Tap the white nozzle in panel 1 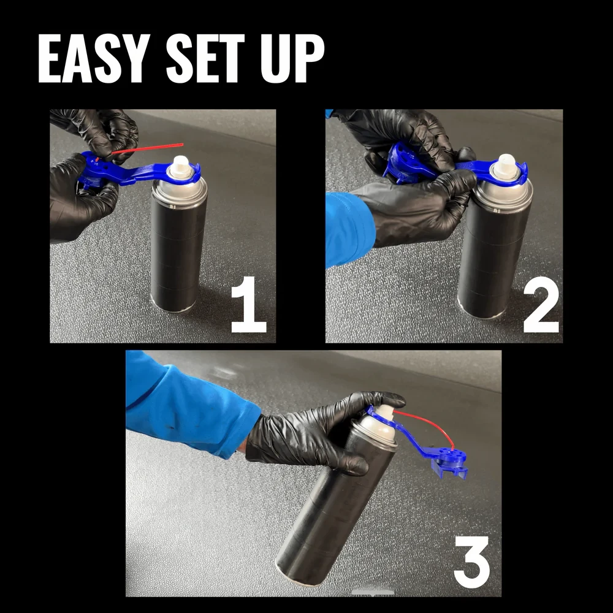181,166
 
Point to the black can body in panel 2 490,264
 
